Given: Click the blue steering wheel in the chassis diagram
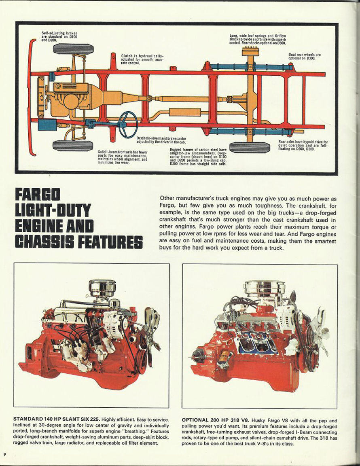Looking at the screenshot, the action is coord(128,124).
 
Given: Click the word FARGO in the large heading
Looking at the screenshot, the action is coord(38,195).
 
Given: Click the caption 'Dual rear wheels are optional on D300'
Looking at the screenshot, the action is coord(305,57).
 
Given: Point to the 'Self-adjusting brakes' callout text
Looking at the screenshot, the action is coord(59,36).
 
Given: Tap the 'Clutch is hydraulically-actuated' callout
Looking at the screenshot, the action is coord(142,60).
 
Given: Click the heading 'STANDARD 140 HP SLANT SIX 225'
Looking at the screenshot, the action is coord(57,419).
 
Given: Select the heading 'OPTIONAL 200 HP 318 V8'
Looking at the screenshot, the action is coord(216,420).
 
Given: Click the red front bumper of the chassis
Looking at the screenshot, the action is coord(32,97).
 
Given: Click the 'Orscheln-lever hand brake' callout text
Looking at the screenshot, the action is coord(161,140).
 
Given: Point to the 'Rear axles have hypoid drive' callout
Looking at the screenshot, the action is coord(303,145).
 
